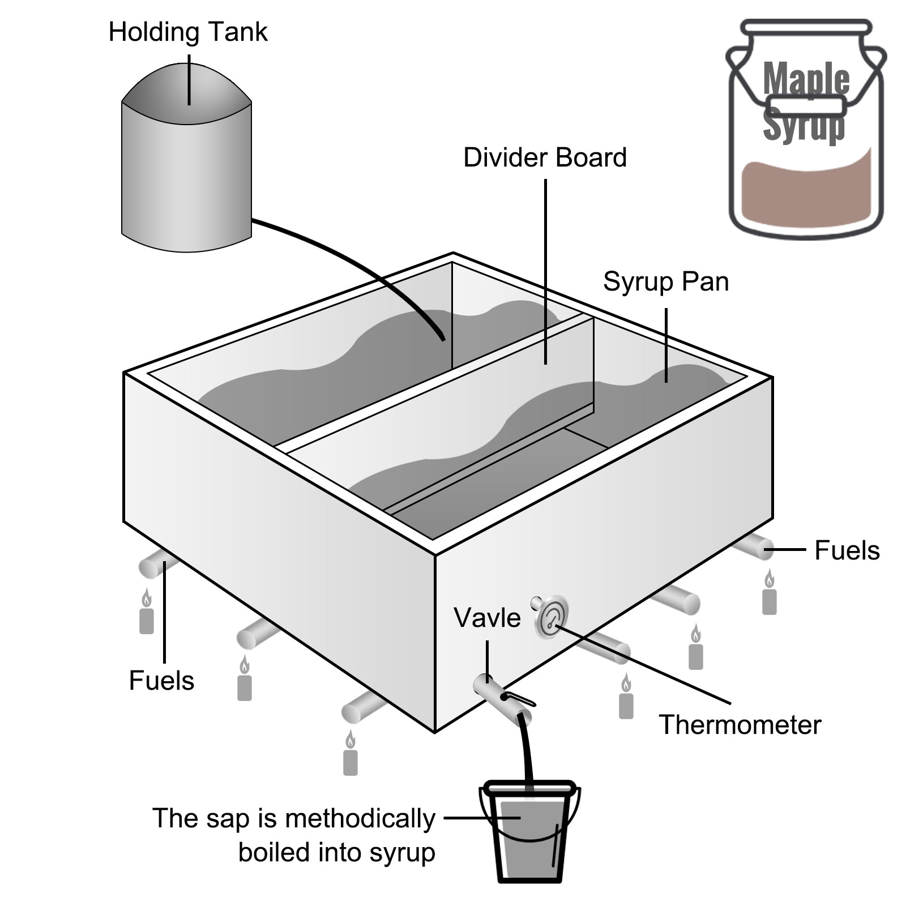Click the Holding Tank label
pos(187,32)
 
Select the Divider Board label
pos(545,157)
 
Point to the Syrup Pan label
pos(666,282)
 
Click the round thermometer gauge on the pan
pos(551,617)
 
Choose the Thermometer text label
pos(740,725)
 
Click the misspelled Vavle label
pos(487,618)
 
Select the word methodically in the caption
pos(360,819)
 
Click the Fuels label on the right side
pos(847,550)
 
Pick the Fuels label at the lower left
pos(161,681)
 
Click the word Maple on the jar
pos(806,79)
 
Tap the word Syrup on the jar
pos(804,124)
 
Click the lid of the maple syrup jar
pos(806,27)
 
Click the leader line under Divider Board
pos(546,272)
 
